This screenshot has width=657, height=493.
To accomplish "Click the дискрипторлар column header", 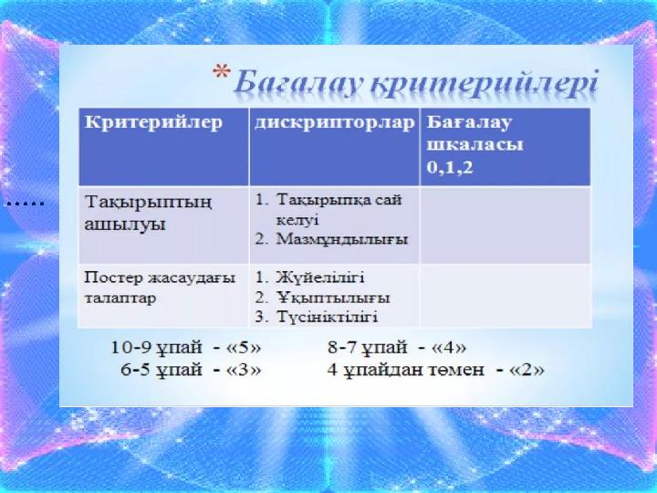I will (334, 123).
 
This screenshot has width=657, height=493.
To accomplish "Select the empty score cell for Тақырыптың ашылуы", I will (505, 224).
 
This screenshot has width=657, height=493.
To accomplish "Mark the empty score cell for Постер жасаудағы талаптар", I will (505, 295).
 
